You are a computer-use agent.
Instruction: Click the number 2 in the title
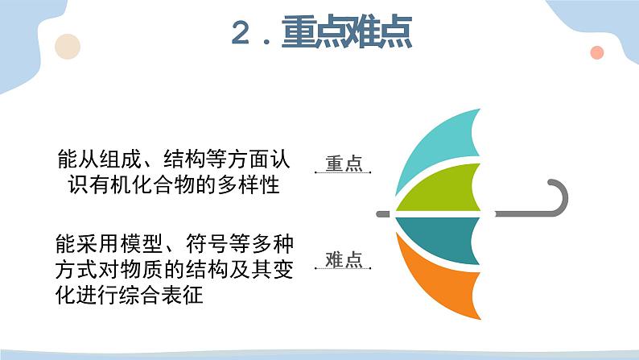(x=241, y=32)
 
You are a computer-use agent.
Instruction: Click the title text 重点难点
(x=347, y=31)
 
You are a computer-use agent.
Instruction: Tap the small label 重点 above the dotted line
(x=344, y=163)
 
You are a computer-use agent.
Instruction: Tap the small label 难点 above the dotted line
(x=344, y=259)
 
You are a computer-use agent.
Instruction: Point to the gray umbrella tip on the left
(x=383, y=214)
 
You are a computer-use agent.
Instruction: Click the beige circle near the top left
(x=68, y=47)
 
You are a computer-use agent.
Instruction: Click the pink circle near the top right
(x=597, y=52)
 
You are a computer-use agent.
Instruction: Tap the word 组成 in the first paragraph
(x=121, y=159)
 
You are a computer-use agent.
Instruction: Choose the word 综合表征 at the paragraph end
(x=160, y=295)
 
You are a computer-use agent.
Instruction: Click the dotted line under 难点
(x=343, y=269)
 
